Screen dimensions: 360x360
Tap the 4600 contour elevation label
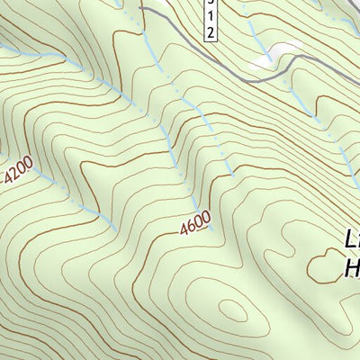pos(194,222)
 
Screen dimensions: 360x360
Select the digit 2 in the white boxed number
pos(209,31)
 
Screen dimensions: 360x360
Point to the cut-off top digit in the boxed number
pos(209,4)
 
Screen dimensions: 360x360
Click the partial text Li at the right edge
pos(352,238)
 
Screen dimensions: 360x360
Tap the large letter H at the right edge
pos(352,267)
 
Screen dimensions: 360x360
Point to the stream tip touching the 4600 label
pos(209,228)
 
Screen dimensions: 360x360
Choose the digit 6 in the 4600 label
pos(190,225)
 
